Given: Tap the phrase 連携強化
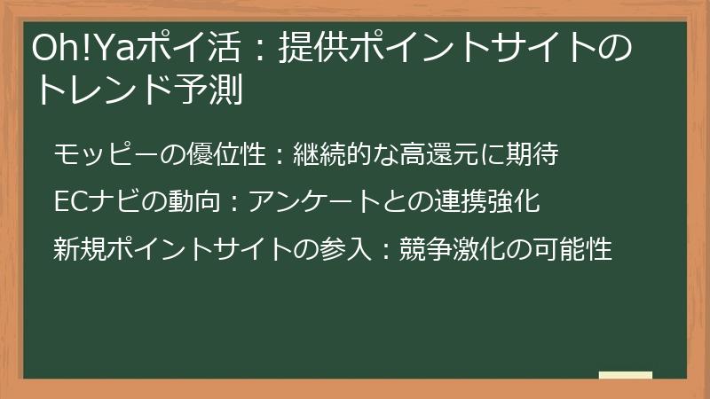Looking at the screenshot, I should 496,202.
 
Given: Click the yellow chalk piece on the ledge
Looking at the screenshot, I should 626,375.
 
